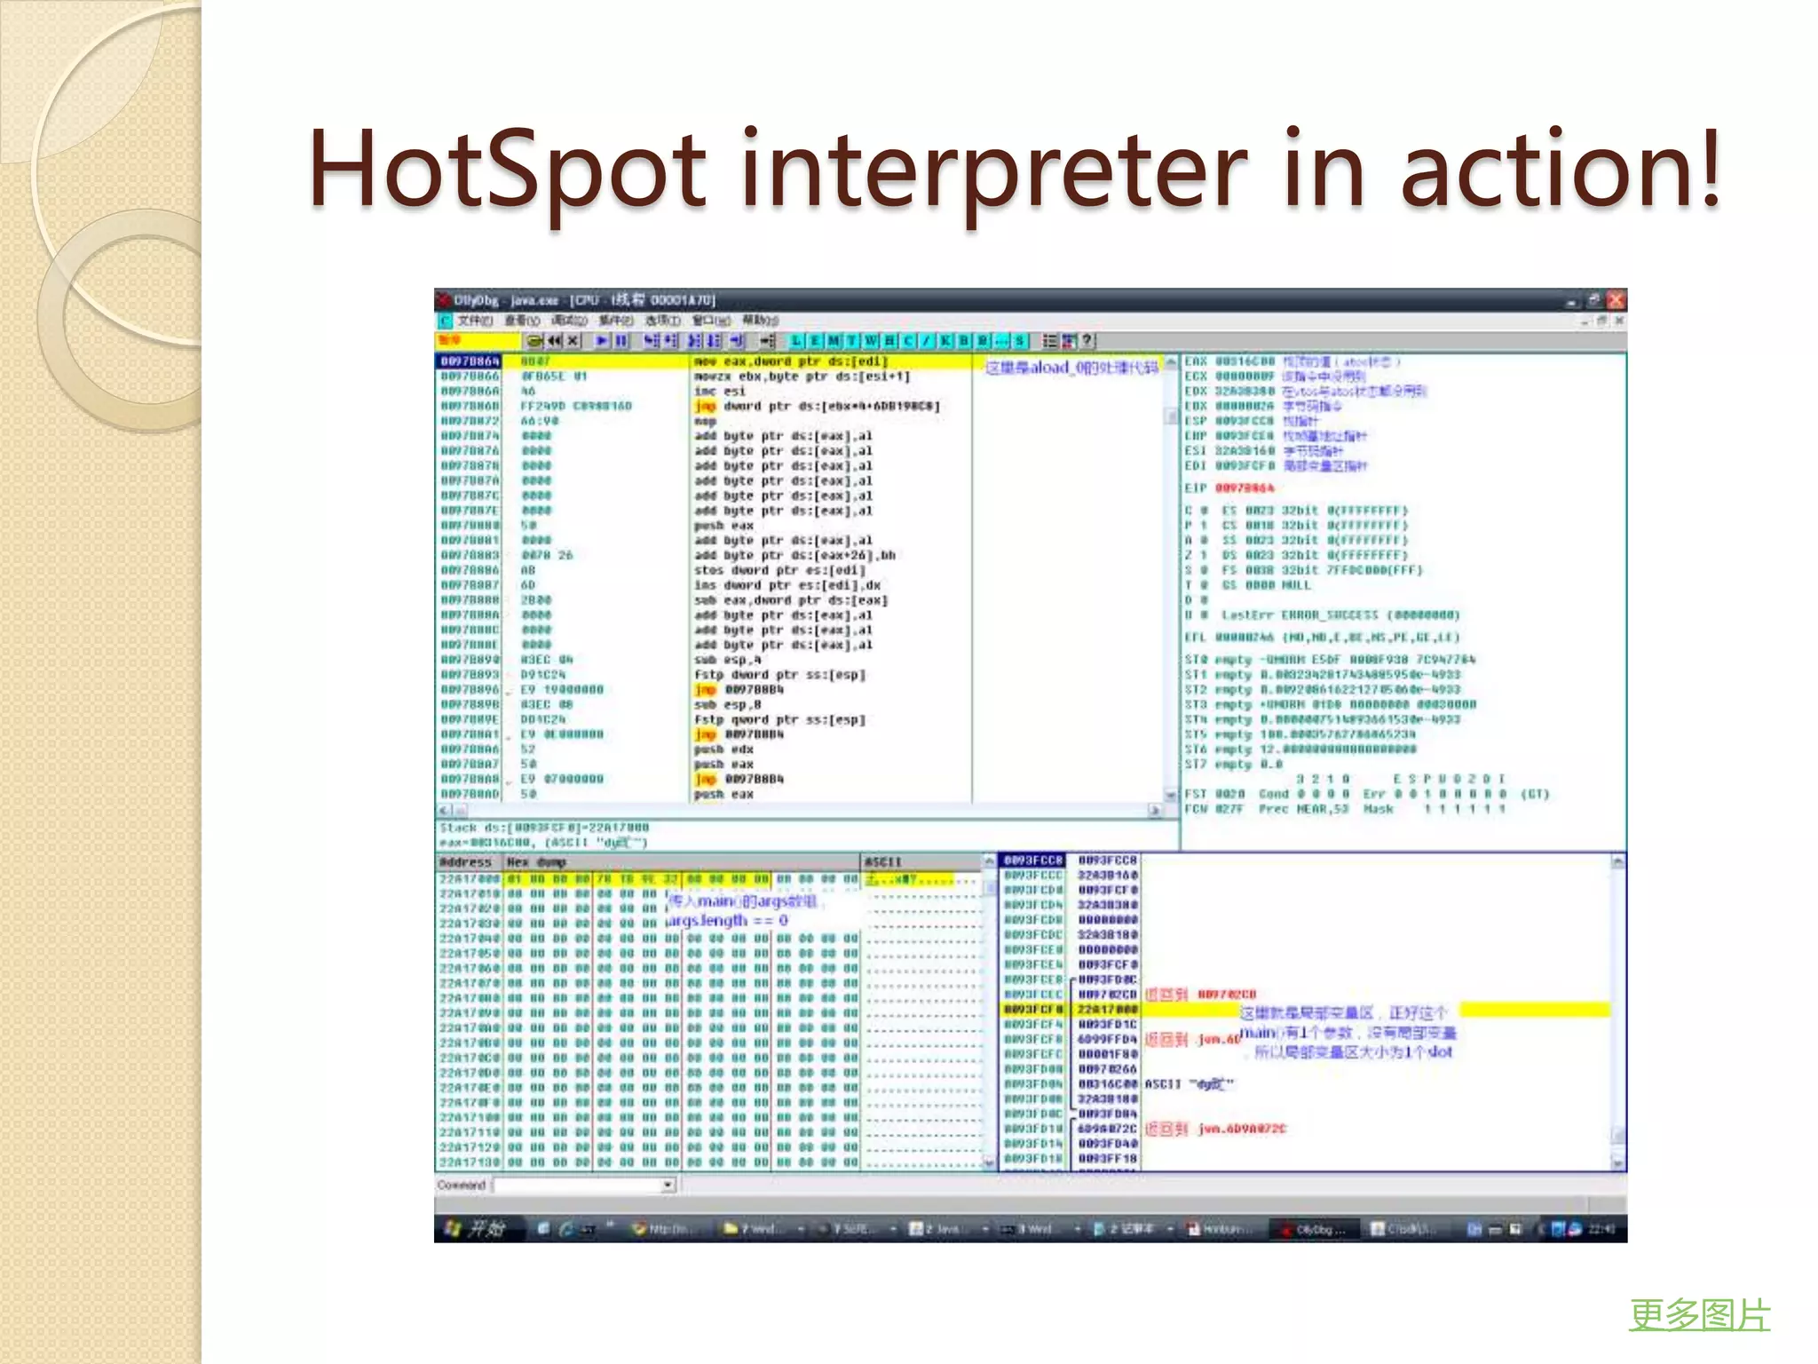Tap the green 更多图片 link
point(1699,1315)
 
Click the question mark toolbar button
point(1087,341)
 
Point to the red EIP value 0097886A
point(1244,488)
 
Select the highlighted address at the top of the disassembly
point(470,361)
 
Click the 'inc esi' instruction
point(719,392)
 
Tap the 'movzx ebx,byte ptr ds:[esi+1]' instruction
point(802,377)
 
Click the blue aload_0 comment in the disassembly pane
point(1071,368)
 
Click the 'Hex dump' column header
point(536,862)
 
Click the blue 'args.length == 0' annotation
point(726,921)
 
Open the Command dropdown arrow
point(668,1186)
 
